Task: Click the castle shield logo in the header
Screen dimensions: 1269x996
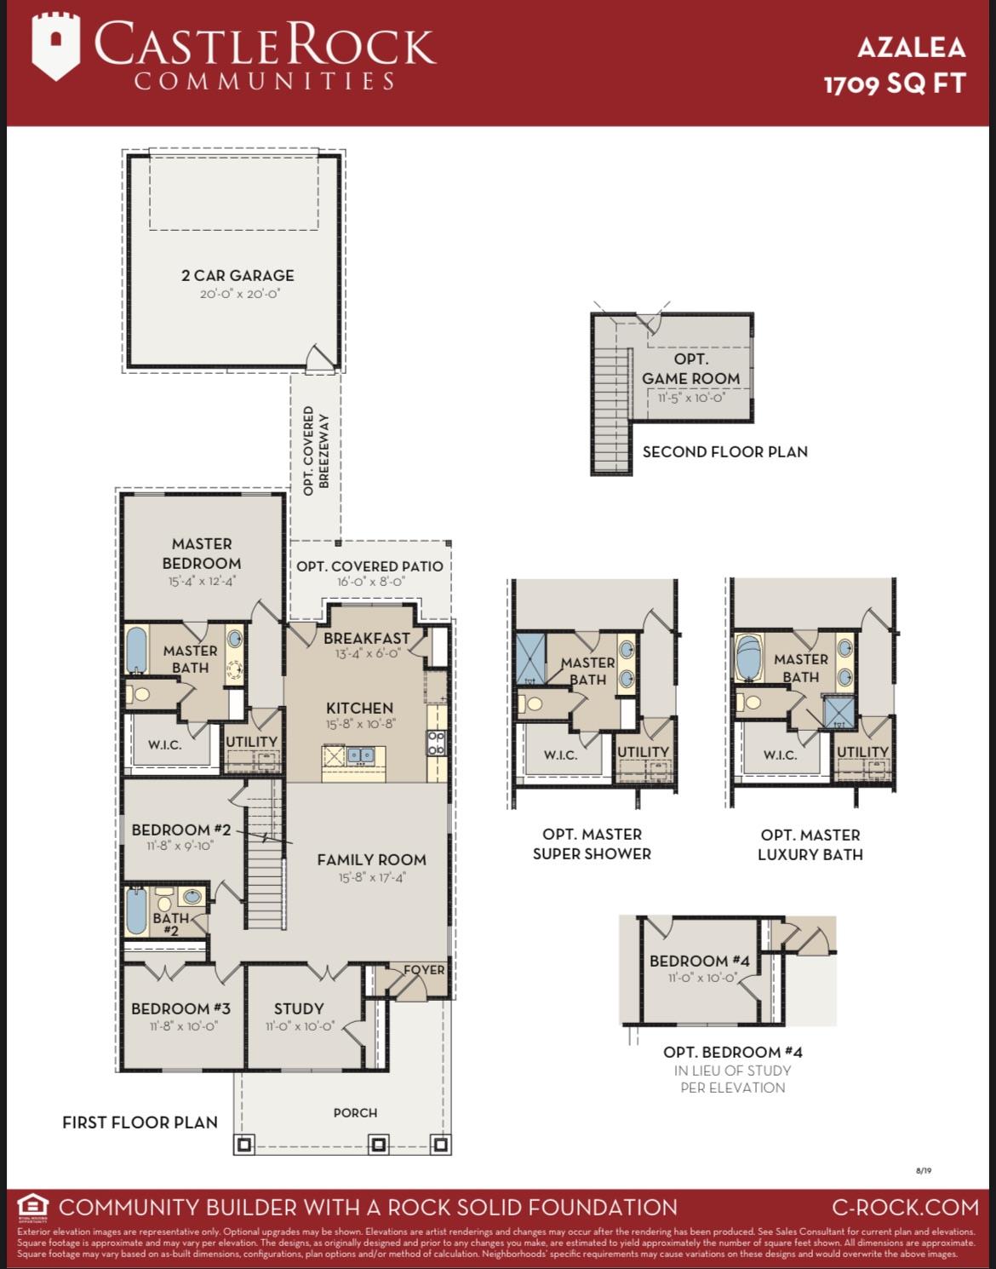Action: pyautogui.click(x=56, y=48)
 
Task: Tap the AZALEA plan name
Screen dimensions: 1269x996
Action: pyautogui.click(x=911, y=47)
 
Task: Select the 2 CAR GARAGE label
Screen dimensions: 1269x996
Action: pyautogui.click(x=238, y=275)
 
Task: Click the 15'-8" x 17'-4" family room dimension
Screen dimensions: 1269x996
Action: pyautogui.click(x=371, y=877)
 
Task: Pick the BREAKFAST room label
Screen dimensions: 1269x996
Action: pyautogui.click(x=366, y=638)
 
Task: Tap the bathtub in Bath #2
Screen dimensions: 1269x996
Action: pyautogui.click(x=135, y=913)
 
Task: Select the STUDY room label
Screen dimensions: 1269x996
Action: pyautogui.click(x=298, y=1008)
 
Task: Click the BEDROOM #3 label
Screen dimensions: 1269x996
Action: pyautogui.click(x=180, y=1008)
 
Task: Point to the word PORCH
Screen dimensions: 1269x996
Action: pyautogui.click(x=355, y=1112)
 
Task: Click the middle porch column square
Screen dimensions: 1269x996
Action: pyautogui.click(x=378, y=1144)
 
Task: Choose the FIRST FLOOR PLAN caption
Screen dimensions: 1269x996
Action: pyautogui.click(x=140, y=1123)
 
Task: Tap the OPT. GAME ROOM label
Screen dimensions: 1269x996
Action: pyautogui.click(x=690, y=369)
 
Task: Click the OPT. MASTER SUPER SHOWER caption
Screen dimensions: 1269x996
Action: pyautogui.click(x=592, y=844)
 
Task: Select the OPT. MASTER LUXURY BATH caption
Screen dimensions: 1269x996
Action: pyautogui.click(x=810, y=845)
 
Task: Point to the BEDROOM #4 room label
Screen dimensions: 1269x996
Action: pyautogui.click(x=699, y=961)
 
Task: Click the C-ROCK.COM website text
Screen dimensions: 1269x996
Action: pyautogui.click(x=905, y=1207)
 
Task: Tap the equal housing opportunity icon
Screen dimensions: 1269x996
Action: pyautogui.click(x=32, y=1207)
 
